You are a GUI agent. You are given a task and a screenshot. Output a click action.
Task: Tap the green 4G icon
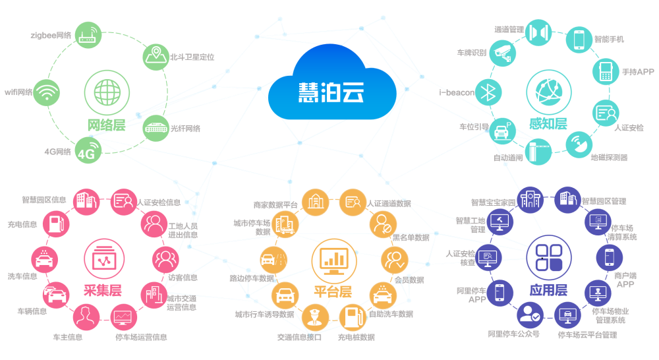click(88, 151)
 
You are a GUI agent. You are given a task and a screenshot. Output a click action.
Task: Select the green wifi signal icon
click(47, 93)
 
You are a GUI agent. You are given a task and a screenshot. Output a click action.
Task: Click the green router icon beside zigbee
click(88, 34)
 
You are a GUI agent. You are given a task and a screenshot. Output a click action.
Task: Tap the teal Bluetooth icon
click(488, 92)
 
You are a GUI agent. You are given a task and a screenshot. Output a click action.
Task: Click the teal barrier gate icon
click(539, 150)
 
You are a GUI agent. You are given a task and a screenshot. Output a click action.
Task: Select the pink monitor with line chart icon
click(123, 318)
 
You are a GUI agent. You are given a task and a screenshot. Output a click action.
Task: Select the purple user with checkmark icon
click(529, 316)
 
